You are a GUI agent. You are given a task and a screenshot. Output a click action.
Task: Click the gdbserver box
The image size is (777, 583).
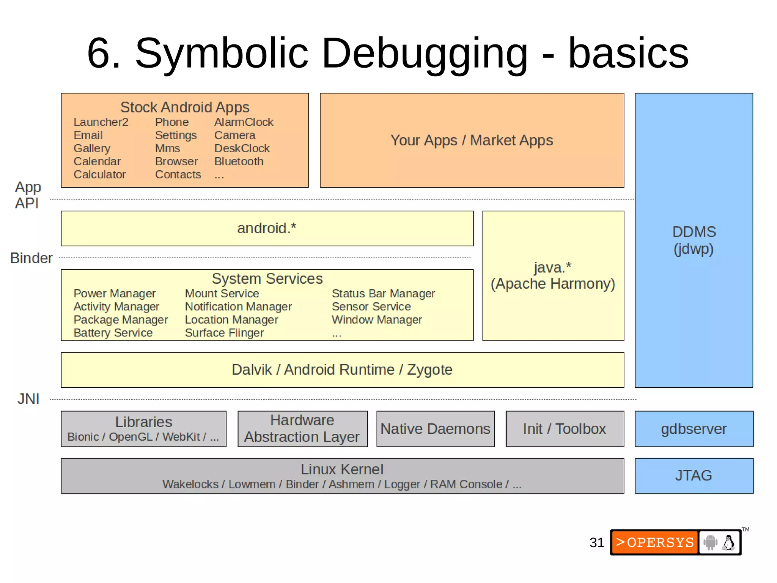coord(694,429)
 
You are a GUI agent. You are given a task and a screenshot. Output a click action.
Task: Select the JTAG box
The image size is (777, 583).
coord(694,476)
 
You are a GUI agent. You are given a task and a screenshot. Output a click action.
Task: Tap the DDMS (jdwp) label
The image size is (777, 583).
coord(694,240)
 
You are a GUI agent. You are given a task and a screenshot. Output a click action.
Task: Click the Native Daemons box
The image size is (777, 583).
coord(435,429)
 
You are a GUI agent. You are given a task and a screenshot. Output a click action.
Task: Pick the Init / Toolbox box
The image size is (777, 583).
coord(565,429)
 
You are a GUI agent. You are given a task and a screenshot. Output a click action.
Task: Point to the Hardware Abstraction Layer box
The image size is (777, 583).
coord(302,429)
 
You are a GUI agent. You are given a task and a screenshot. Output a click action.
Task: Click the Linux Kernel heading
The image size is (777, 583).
coord(342,469)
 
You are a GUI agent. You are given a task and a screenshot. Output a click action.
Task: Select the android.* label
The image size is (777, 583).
coord(267,228)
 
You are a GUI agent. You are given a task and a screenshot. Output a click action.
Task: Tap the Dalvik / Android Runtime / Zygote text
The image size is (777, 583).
coord(342,370)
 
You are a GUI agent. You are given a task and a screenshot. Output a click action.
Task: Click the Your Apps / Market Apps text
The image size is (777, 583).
coord(472,140)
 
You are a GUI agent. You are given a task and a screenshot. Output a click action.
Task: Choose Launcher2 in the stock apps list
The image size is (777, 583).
coord(101,122)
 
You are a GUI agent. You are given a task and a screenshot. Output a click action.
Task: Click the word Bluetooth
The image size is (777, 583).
coord(239,161)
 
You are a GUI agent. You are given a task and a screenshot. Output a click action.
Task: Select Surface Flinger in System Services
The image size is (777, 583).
coord(224,333)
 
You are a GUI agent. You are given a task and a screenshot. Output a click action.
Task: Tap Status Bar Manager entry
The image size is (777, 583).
coord(383,294)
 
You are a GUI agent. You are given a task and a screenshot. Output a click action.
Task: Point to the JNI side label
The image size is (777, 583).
coord(28,399)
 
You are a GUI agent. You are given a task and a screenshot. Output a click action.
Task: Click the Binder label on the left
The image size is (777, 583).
coord(31,258)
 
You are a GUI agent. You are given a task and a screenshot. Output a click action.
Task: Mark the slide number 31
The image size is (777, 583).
coord(596,543)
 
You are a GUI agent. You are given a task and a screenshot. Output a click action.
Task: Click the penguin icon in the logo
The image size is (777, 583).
coord(728,542)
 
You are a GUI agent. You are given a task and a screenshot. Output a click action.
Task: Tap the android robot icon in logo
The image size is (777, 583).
coord(710,542)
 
